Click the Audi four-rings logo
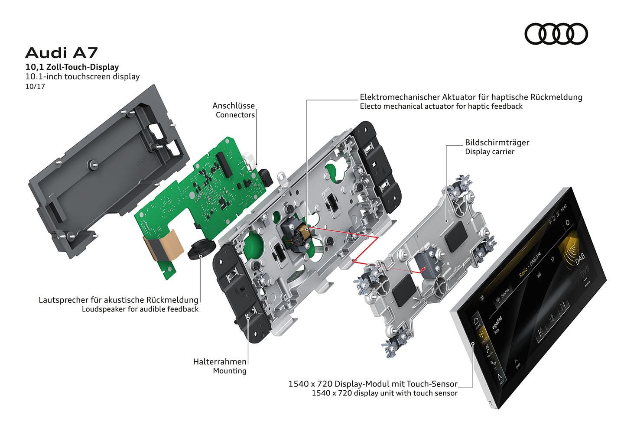[x=556, y=34]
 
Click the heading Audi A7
[x=62, y=53]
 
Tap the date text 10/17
[x=35, y=86]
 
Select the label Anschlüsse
[x=233, y=106]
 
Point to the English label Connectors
[x=235, y=115]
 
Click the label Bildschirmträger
[x=497, y=143]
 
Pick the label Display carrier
[x=490, y=152]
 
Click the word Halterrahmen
[x=220, y=361]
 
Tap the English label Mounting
[x=229, y=371]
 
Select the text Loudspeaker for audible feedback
[x=140, y=309]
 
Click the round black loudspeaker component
[x=201, y=249]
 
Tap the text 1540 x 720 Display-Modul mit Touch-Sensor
[x=373, y=384]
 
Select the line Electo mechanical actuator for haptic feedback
[x=441, y=107]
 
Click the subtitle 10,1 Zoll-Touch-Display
[x=72, y=67]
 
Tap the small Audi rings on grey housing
[x=142, y=163]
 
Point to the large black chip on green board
[x=224, y=162]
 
